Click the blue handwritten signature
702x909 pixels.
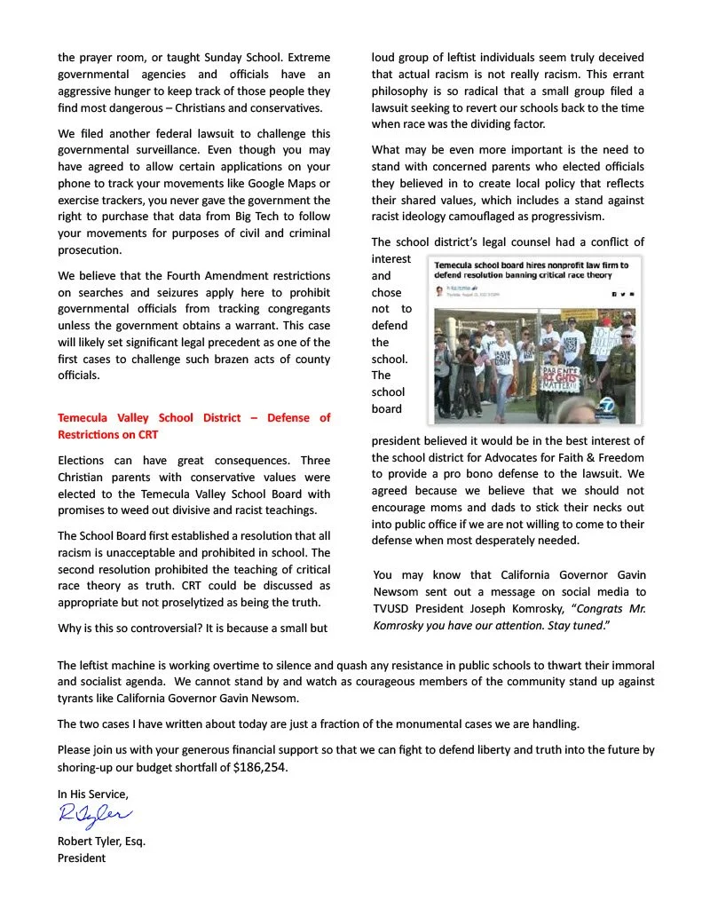point(95,814)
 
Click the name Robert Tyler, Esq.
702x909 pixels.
point(101,841)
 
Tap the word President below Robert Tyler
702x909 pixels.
point(82,858)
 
